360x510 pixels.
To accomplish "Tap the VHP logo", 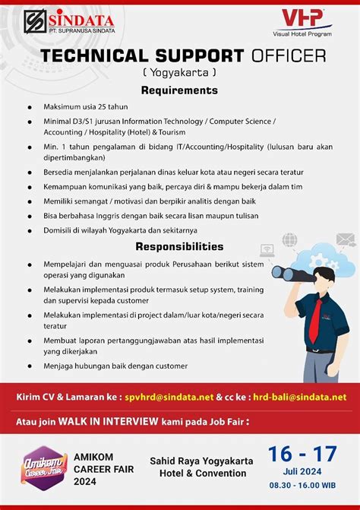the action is click(x=302, y=18).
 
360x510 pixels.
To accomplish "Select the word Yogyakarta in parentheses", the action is click(x=179, y=73).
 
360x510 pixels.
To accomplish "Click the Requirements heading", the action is click(x=179, y=90).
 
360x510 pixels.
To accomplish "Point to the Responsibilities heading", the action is click(x=179, y=246).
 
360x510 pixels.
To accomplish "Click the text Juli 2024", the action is click(x=302, y=471).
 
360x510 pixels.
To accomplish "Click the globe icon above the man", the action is click(x=289, y=239).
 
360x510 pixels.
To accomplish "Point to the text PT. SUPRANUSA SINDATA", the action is click(x=79, y=32).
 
